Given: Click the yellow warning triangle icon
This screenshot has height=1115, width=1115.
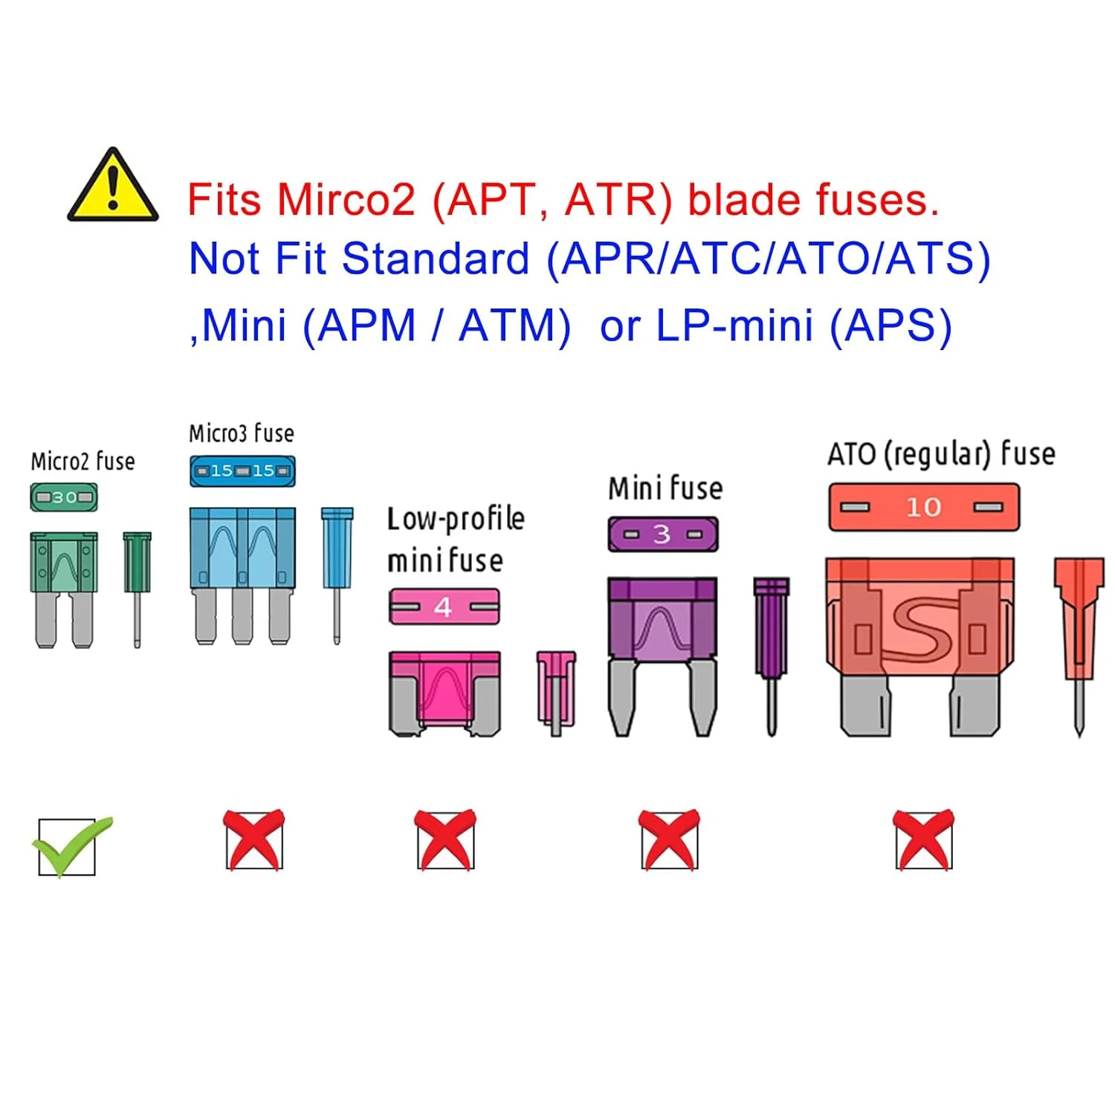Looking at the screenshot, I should coord(113,187).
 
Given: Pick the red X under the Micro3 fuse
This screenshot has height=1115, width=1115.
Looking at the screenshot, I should coord(254,840).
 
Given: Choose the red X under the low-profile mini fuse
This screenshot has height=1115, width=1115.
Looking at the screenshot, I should coord(445,840).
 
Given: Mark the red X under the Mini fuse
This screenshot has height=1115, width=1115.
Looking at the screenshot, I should coord(669,840).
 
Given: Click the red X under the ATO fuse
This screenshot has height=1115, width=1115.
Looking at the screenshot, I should coord(924,840).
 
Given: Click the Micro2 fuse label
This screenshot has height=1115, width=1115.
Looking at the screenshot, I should coord(83,462).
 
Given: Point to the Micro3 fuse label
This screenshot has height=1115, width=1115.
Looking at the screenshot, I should coord(242,433).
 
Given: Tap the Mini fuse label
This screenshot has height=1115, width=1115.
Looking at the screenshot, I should coord(665,489).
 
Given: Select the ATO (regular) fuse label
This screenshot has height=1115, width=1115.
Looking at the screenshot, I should coord(941,454).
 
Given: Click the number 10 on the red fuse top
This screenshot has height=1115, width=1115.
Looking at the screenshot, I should coord(923,508).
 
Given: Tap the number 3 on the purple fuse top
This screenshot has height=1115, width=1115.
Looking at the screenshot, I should coord(662,534).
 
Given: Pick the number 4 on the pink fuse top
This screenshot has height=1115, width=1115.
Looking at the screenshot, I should coord(443,607).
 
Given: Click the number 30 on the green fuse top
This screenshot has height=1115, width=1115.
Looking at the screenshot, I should coord(65,497).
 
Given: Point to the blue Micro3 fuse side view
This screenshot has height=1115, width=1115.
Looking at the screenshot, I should coord(337,572).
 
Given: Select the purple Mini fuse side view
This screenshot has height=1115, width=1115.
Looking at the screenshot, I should coord(771,654).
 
